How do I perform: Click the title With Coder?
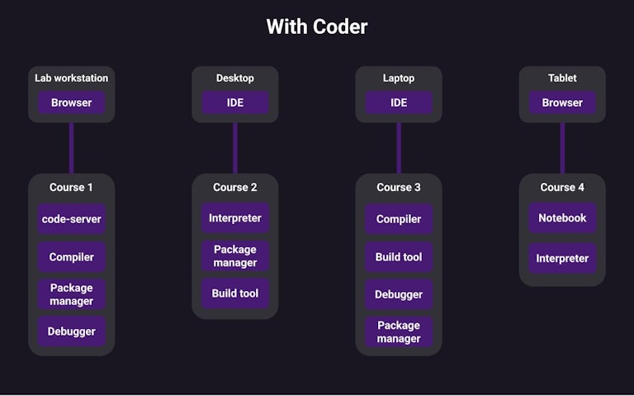(x=317, y=26)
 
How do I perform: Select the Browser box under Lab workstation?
(x=71, y=103)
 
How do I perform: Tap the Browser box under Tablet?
(x=562, y=103)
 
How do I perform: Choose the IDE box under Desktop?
(x=235, y=103)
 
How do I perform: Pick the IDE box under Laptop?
(x=399, y=103)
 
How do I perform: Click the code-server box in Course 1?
(x=71, y=219)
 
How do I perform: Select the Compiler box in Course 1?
(x=71, y=257)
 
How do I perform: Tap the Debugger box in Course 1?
(x=71, y=332)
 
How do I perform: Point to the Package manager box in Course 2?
(x=235, y=256)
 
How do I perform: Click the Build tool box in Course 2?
(x=235, y=293)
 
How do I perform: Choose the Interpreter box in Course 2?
(x=235, y=218)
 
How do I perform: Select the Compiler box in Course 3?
(x=399, y=219)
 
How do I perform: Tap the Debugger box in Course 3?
(x=399, y=294)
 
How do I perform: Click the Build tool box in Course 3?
(x=399, y=257)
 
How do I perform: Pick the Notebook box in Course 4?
(x=562, y=218)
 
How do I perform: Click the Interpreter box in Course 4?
(x=562, y=258)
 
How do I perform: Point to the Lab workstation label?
(x=71, y=79)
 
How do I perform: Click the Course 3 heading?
(x=399, y=188)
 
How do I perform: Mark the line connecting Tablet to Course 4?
(x=562, y=148)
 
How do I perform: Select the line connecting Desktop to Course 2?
(x=235, y=148)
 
